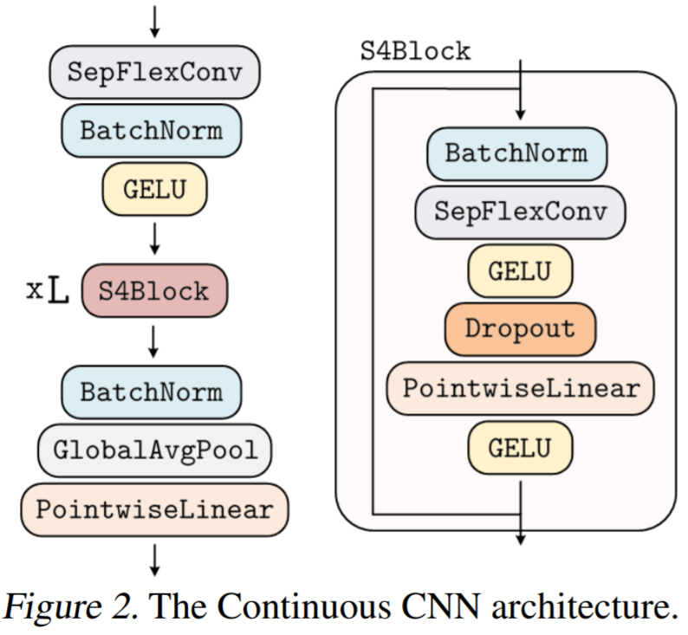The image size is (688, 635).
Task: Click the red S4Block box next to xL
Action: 153,289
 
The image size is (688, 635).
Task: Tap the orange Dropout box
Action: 519,329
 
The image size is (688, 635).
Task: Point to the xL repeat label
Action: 47,289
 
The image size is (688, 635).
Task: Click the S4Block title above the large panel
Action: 415,51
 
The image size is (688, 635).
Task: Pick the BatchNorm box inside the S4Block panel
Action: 516,154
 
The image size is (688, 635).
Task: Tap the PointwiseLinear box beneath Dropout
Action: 519,387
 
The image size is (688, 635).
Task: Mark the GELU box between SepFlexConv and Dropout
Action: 519,270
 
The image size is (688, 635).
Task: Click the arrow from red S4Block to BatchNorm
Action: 153,341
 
